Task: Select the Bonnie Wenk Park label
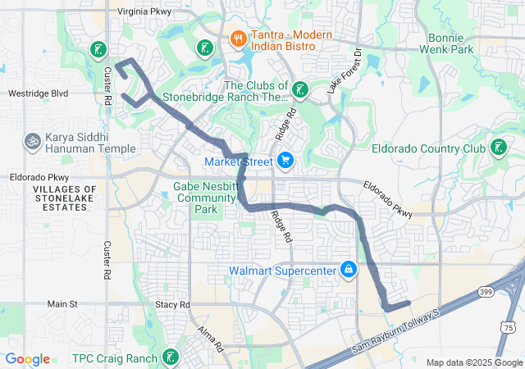451,44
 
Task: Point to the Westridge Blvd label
38,93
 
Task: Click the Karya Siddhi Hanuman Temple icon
33,140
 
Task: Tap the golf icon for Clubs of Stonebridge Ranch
301,89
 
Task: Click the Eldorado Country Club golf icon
497,148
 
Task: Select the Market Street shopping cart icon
285,160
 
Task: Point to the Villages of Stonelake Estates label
60,199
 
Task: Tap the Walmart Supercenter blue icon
349,268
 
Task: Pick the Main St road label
62,303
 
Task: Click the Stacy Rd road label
172,304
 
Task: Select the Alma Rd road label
210,339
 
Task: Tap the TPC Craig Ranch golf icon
169,357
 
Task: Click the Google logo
28,358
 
